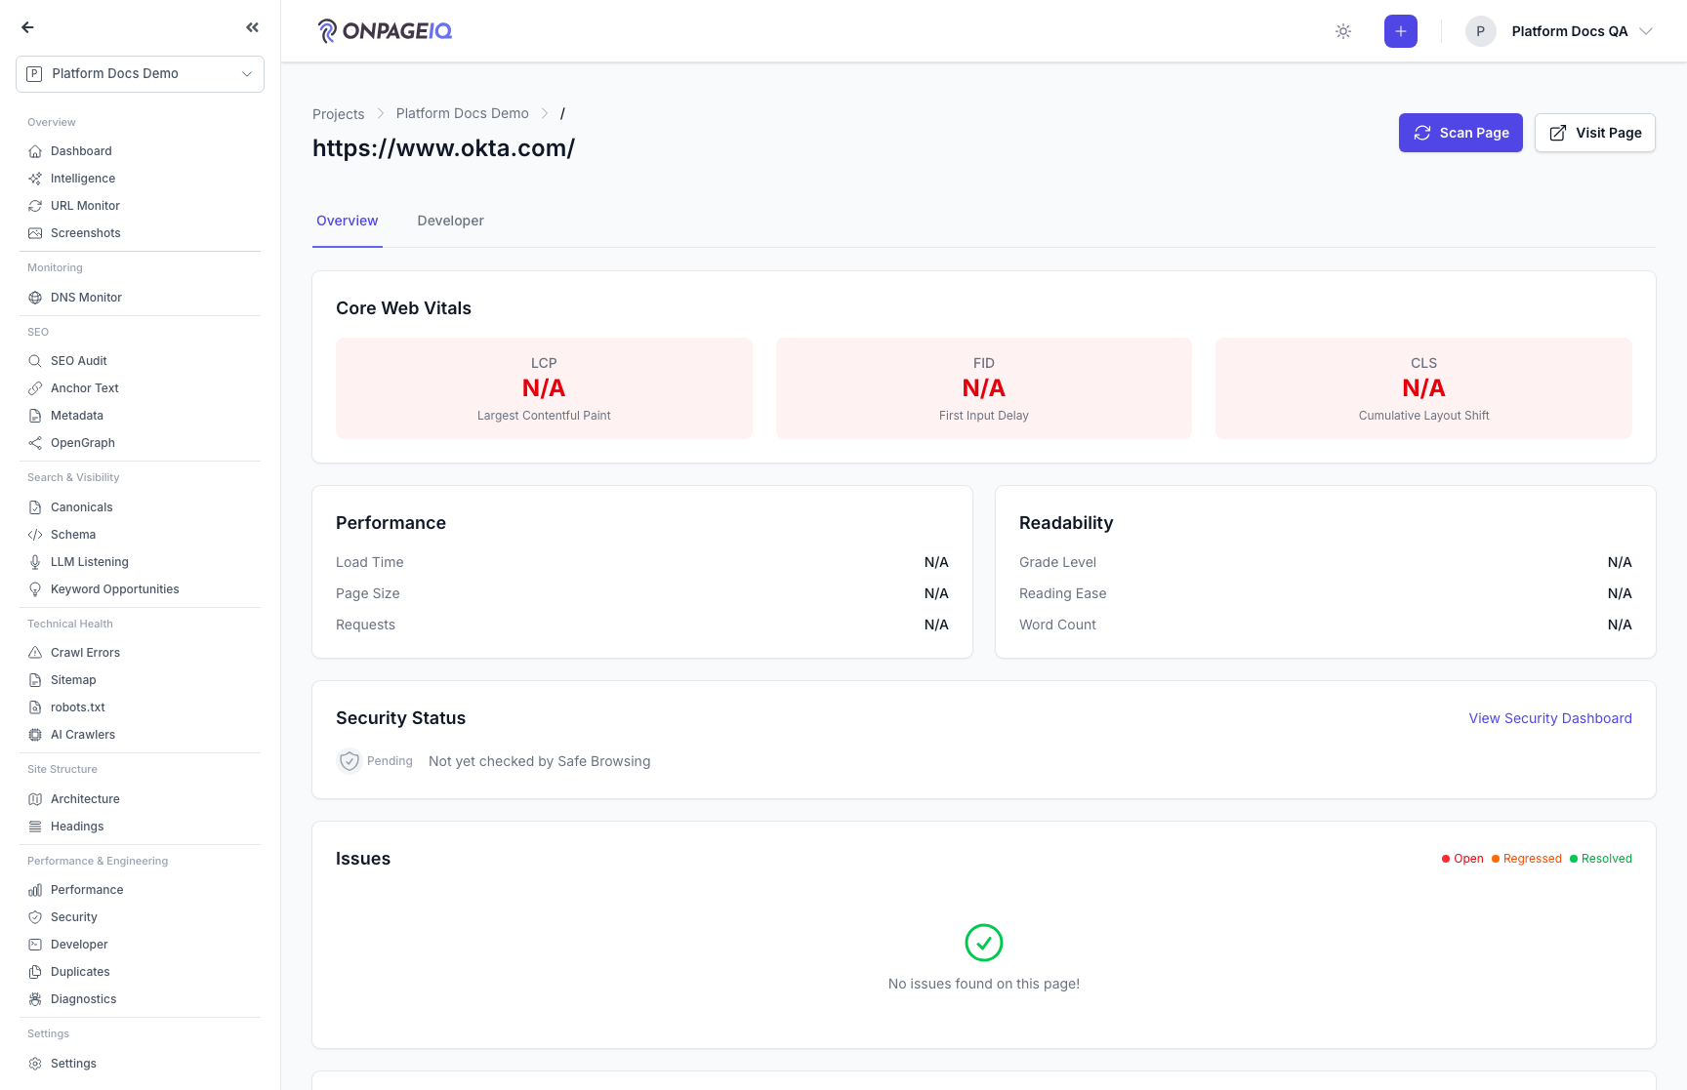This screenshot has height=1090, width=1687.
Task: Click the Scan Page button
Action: point(1461,133)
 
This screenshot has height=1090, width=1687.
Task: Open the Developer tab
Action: point(450,221)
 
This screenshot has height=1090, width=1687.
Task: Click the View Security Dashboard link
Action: point(1550,718)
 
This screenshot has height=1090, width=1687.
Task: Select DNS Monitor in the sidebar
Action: point(86,298)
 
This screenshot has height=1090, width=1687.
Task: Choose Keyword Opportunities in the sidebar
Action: point(114,589)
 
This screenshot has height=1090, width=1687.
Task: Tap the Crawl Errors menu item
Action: point(85,653)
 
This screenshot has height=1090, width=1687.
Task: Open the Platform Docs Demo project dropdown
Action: point(140,73)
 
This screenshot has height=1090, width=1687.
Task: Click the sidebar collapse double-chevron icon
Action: point(253,27)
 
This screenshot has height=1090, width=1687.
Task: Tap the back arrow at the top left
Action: point(27,27)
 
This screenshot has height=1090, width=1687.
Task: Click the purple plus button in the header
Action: point(1400,31)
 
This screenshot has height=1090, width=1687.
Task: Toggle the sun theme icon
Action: point(1343,31)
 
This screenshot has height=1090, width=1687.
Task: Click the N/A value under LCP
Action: point(544,388)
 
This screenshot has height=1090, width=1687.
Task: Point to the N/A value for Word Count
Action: point(1620,625)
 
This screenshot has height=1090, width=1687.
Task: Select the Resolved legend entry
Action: point(1601,859)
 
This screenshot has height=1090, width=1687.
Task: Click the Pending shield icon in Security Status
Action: point(350,761)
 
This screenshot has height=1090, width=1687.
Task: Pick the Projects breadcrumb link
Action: point(338,114)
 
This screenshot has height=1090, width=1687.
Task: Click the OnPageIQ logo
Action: point(385,31)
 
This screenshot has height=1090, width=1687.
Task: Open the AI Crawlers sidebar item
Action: point(82,735)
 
